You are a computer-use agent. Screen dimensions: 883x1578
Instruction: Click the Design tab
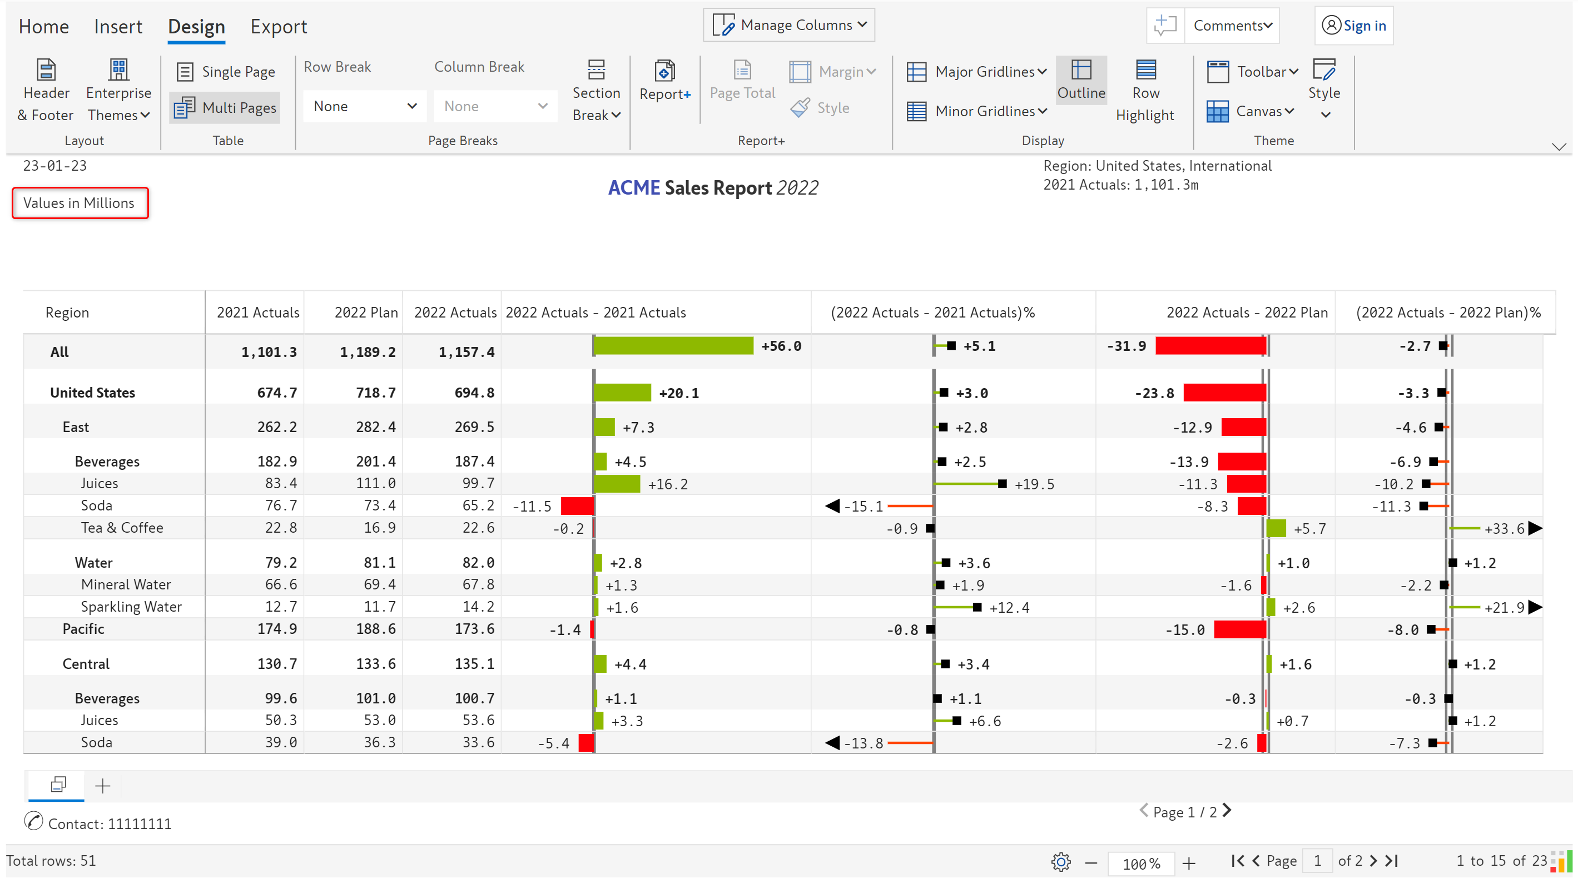[x=196, y=27]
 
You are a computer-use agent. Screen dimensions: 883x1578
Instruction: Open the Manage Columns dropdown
[x=789, y=25]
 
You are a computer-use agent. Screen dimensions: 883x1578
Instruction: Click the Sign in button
[x=1354, y=26]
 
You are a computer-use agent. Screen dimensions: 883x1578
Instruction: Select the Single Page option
[x=226, y=72]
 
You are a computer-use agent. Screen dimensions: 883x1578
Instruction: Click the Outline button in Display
[x=1081, y=80]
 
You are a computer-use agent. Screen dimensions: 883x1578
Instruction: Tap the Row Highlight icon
[x=1145, y=71]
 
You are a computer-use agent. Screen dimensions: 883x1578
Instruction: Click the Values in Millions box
[x=80, y=203]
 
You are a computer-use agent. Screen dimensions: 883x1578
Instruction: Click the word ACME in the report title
[x=633, y=187]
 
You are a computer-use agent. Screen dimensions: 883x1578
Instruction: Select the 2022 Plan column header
[x=366, y=312]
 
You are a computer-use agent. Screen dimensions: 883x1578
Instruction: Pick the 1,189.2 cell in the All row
[x=368, y=352]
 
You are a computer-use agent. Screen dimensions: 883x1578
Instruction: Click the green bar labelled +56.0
[x=674, y=346]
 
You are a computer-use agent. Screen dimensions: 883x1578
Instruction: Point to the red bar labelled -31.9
[x=1210, y=346]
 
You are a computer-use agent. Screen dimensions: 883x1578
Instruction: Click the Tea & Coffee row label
[x=122, y=528]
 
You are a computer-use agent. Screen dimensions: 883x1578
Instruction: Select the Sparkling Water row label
[x=131, y=607]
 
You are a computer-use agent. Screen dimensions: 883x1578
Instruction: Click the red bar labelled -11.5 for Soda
[x=577, y=506]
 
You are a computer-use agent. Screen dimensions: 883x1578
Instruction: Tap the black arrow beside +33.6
[x=1535, y=528]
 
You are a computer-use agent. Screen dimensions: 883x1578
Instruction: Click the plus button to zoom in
[x=1189, y=864]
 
